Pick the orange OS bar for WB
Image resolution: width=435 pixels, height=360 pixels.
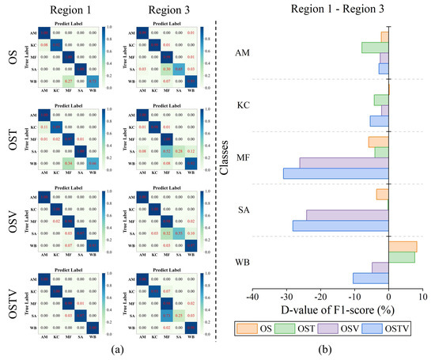coord(403,246)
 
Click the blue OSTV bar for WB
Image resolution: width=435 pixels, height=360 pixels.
coord(370,278)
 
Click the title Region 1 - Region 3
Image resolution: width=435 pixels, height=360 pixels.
coord(339,10)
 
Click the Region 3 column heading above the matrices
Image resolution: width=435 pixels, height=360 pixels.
coord(161,10)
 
